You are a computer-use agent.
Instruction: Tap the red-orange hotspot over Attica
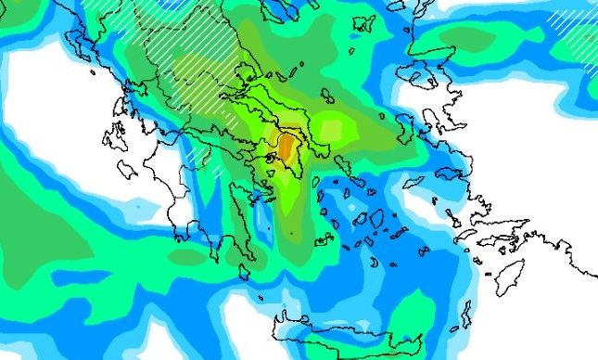[x=286, y=148]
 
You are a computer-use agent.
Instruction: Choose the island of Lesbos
[x=431, y=119]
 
